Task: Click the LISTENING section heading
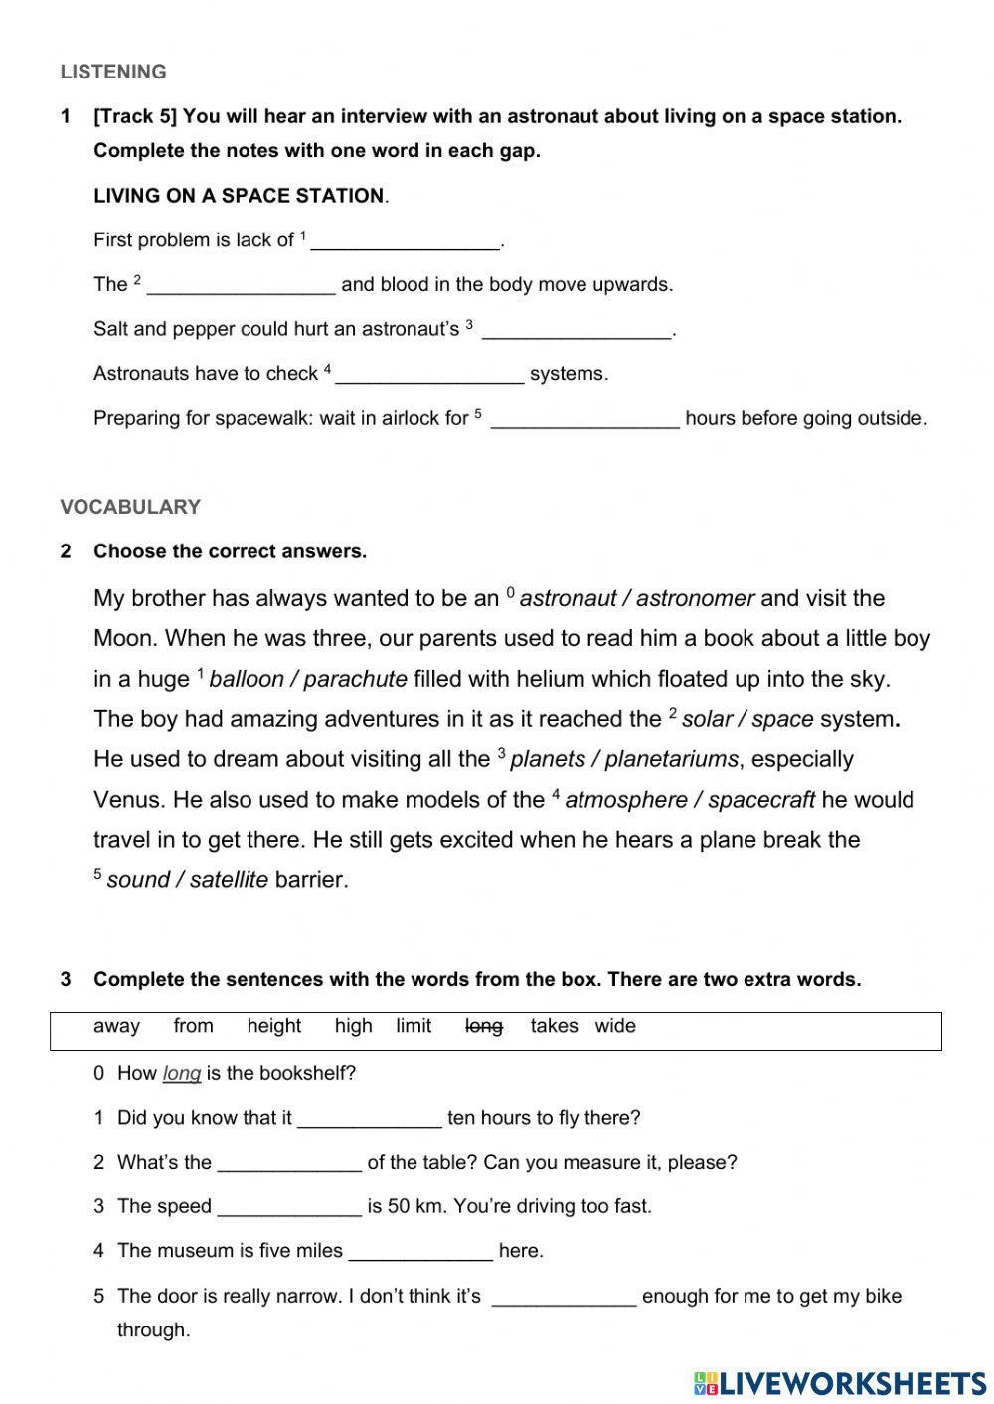tap(113, 72)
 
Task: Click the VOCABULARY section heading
tap(130, 507)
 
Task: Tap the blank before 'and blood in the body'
tap(241, 285)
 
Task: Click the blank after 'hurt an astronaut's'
tap(577, 330)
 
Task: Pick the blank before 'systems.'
tap(429, 375)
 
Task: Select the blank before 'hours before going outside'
tap(585, 419)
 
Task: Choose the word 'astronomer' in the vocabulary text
tap(695, 599)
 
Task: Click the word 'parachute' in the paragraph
tap(355, 680)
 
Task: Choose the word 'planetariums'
tap(671, 760)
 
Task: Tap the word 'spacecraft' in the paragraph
tap(761, 801)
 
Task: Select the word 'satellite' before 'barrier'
tap(229, 880)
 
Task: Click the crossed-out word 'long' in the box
tap(484, 1027)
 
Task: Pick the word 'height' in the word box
tap(273, 1027)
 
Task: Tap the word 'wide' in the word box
tap(615, 1027)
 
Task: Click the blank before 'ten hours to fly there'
tap(370, 1119)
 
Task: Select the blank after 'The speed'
tap(289, 1207)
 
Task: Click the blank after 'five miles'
tap(420, 1252)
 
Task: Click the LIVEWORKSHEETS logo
tap(840, 1382)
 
